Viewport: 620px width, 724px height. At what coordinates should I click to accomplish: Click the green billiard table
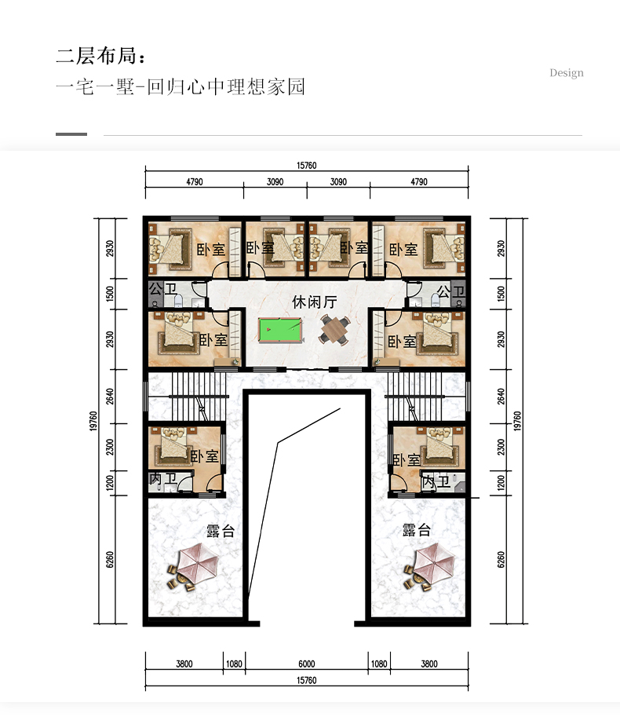(x=280, y=331)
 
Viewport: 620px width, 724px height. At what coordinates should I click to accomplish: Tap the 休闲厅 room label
(x=315, y=302)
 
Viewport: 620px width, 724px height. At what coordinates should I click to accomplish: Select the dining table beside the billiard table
(x=335, y=329)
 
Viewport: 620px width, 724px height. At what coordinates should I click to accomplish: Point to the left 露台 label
(x=221, y=531)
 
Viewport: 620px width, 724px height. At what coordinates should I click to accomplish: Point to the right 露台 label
(x=417, y=529)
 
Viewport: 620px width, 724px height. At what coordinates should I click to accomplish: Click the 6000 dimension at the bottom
(x=306, y=664)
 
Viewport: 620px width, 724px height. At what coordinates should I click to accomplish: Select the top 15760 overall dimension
(x=306, y=166)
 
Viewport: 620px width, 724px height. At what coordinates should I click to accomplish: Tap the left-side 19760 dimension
(x=93, y=421)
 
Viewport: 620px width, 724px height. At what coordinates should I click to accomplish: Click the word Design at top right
(x=567, y=73)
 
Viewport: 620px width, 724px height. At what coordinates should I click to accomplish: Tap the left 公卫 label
(x=163, y=290)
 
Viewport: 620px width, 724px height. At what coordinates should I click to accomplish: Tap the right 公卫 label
(x=450, y=291)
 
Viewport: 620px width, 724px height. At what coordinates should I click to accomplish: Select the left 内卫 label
(x=163, y=479)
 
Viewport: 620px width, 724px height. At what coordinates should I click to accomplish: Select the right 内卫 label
(x=436, y=482)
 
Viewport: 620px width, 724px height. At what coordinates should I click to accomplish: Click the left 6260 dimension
(x=110, y=560)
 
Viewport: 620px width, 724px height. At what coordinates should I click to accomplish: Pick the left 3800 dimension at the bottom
(x=184, y=664)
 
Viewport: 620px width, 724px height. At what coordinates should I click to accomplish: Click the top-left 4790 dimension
(x=194, y=182)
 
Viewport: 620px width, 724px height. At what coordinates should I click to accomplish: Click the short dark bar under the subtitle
(x=71, y=134)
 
